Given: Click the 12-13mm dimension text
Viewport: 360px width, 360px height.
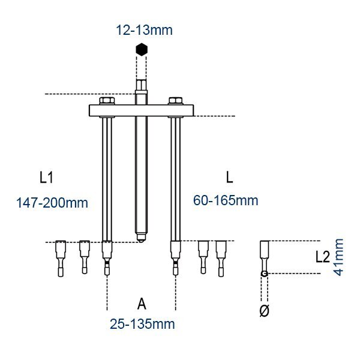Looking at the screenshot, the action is pos(144,30).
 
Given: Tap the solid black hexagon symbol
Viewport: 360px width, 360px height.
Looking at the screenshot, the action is pos(142,49).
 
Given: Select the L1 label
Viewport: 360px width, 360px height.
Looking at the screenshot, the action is pos(46,178).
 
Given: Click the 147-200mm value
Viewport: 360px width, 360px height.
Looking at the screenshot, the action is pos(52,203).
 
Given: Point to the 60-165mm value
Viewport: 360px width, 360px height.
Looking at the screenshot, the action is pos(226,200).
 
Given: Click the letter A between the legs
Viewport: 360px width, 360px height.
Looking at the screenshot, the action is pos(142,304).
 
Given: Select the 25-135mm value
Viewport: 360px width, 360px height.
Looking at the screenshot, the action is pos(142,324).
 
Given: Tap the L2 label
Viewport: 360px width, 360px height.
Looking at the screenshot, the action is pos(323,257).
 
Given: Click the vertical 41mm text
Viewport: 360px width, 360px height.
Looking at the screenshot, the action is pos(338,257).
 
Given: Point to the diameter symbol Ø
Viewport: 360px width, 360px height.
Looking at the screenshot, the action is pos(264,311).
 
